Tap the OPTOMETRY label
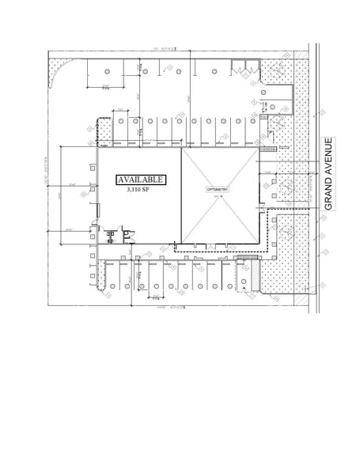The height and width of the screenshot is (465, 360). pos(218,191)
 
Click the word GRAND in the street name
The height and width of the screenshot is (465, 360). pos(329,191)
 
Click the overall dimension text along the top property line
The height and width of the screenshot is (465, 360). pos(161,50)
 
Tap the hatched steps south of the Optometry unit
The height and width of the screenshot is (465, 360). pos(248,256)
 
